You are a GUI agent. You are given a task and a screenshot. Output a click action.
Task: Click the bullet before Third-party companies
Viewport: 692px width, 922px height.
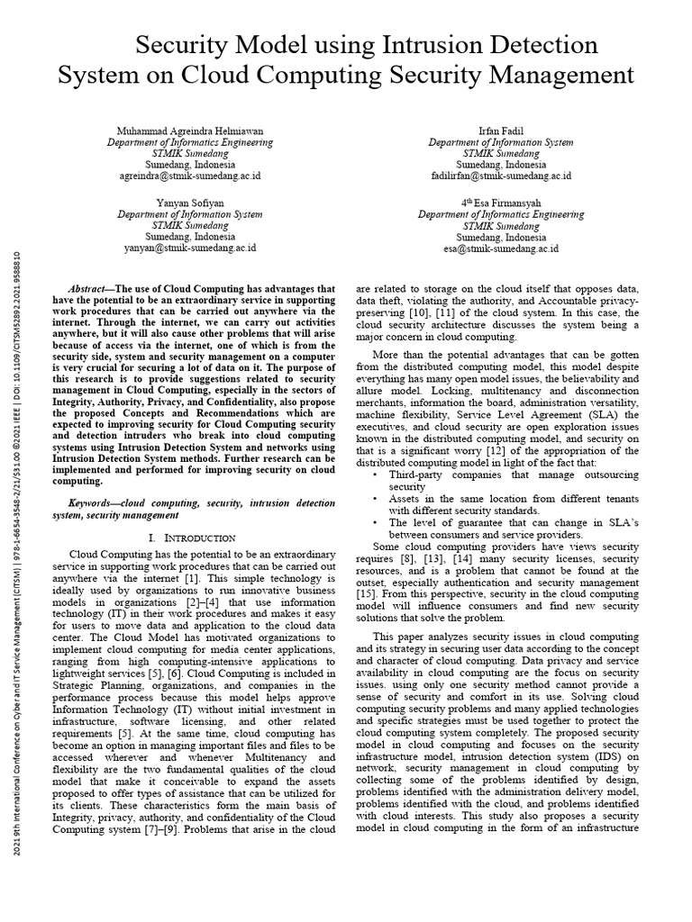[375, 474]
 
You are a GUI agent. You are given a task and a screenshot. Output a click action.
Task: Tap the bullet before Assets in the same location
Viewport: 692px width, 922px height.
[375, 497]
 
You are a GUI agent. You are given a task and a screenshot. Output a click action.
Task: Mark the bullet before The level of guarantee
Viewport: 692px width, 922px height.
[375, 521]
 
